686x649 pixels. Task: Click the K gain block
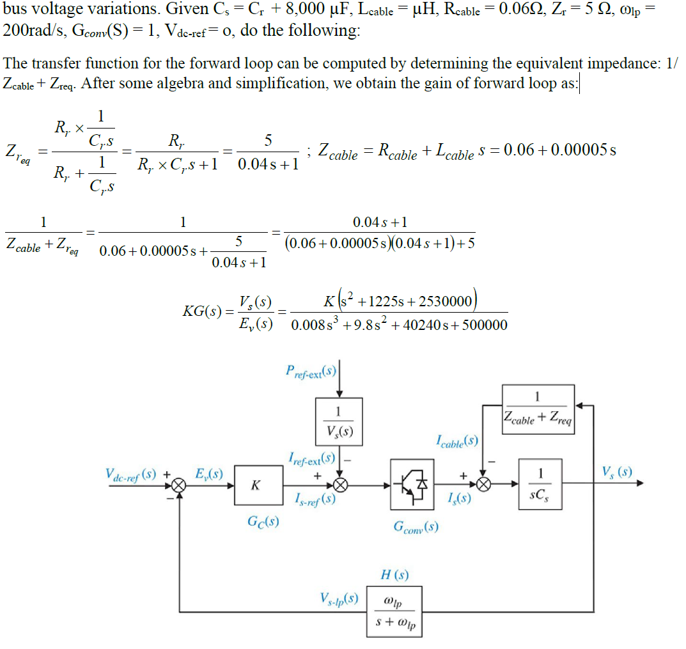pos(255,485)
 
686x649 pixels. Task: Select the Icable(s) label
pos(456,441)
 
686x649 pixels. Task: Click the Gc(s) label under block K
pos(262,520)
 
